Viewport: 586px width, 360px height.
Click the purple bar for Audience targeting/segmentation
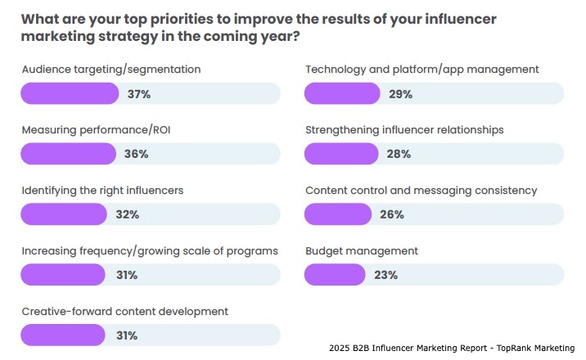pyautogui.click(x=70, y=94)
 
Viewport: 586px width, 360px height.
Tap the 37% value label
pyautogui.click(x=138, y=94)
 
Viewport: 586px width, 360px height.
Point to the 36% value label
pyautogui.click(x=136, y=154)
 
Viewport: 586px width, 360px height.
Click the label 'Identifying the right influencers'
pyautogui.click(x=102, y=190)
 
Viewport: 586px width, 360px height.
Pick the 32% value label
pyautogui.click(x=128, y=214)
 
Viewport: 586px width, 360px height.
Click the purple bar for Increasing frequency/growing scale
pyautogui.click(x=62, y=275)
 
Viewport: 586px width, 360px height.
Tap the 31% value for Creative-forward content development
pyautogui.click(x=127, y=335)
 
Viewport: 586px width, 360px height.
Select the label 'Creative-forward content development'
pyautogui.click(x=124, y=311)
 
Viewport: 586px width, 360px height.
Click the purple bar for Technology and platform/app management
pyautogui.click(x=344, y=94)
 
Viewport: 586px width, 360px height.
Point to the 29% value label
pyautogui.click(x=401, y=94)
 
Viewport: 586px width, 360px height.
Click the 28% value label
pyautogui.click(x=398, y=154)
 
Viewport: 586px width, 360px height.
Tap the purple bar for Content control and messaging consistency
pyautogui.click(x=339, y=214)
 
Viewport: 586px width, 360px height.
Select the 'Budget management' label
pyautogui.click(x=362, y=250)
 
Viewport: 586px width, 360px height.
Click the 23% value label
pyautogui.click(x=385, y=275)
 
